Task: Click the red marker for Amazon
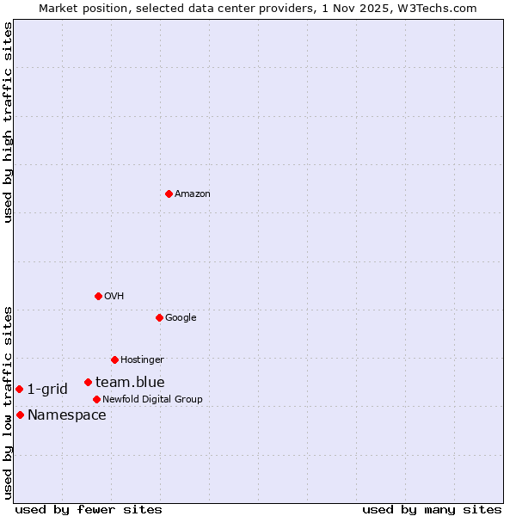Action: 169,193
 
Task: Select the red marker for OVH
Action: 98,296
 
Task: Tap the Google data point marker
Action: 159,317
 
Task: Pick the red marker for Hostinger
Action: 114,359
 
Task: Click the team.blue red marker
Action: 88,382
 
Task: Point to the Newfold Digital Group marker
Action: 96,399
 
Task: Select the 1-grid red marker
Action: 19,389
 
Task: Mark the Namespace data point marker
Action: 20,415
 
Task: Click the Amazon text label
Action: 193,194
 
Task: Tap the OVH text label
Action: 114,297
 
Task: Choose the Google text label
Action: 181,318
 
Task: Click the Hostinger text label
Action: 142,360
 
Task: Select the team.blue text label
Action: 130,383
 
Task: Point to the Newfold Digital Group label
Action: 152,400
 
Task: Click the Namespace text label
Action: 67,415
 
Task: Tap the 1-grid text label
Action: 47,390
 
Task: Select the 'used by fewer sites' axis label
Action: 89,509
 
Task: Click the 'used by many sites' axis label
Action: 432,509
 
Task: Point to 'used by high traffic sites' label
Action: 8,122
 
